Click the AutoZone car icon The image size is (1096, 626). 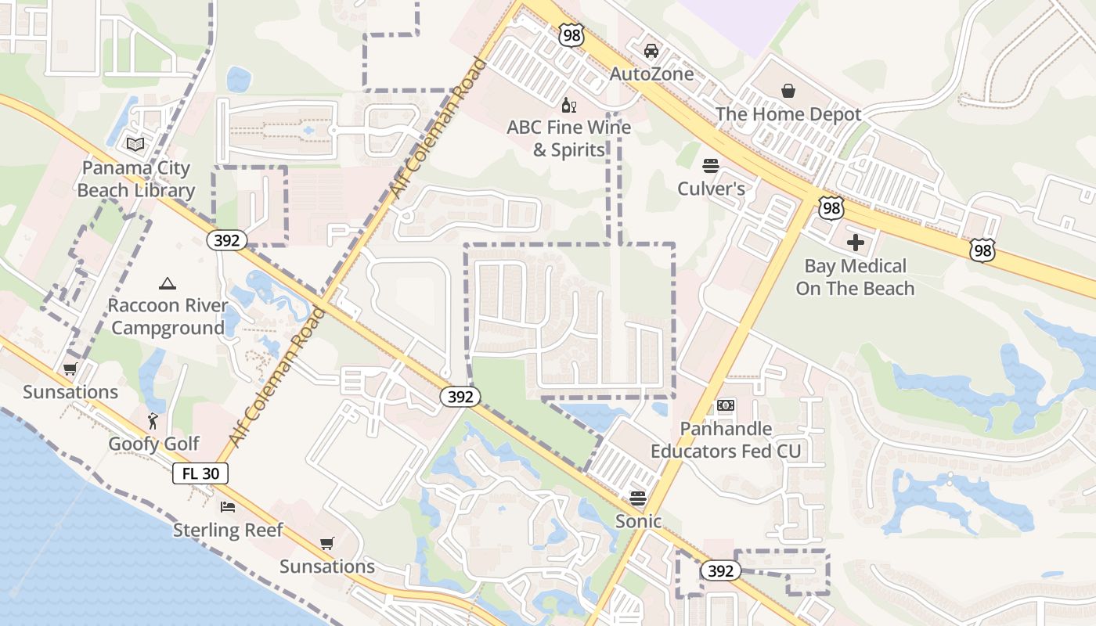[x=651, y=51]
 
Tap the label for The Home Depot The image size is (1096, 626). [x=788, y=114]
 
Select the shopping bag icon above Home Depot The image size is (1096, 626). [x=788, y=91]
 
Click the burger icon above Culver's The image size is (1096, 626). [x=711, y=166]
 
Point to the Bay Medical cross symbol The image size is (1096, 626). [x=855, y=243]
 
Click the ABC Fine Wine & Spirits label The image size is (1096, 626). [x=569, y=139]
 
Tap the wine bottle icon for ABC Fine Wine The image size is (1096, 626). [x=569, y=105]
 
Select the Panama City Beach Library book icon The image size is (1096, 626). [x=135, y=145]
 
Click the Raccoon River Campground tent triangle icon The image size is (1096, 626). [x=167, y=283]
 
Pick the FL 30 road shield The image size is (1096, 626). [x=200, y=473]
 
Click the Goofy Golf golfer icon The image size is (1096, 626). [x=153, y=422]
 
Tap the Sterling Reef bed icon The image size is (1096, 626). [x=228, y=508]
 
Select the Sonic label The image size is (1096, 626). [x=638, y=521]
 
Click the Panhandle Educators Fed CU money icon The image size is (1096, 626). [x=726, y=405]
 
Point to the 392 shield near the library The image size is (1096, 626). [x=227, y=240]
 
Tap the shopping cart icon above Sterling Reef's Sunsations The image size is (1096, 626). [x=326, y=543]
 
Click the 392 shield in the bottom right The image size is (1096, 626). [x=719, y=571]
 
